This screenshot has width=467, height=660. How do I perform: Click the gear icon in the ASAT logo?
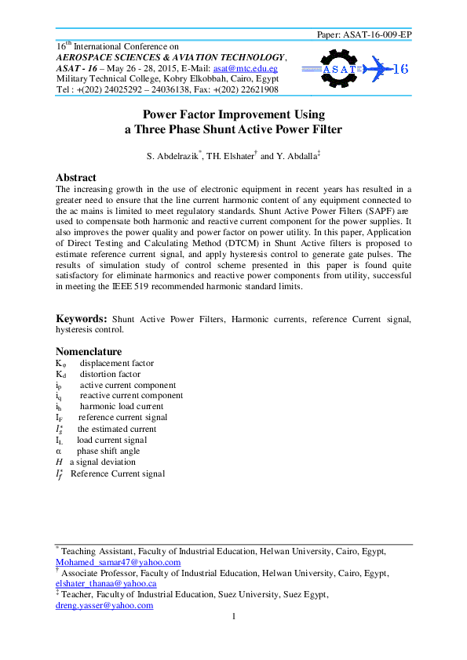340,67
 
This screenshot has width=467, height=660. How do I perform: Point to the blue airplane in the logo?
378,68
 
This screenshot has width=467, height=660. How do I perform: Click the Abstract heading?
75,178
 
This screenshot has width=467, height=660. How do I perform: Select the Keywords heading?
81,319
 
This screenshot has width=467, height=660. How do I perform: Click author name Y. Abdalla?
297,157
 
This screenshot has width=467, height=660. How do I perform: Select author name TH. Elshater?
230,157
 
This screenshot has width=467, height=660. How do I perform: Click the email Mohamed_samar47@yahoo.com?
118,562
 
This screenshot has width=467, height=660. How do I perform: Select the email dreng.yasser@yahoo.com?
104,606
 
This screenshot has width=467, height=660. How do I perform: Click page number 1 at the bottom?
234,618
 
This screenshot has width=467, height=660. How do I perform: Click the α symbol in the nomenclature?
58,451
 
